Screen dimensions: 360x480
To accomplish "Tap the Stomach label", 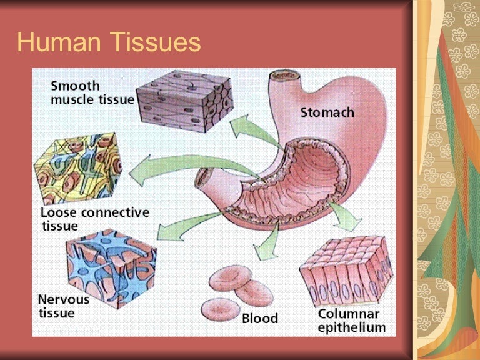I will pyautogui.click(x=327, y=113).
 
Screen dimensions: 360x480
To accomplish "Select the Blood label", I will pyautogui.click(x=260, y=319).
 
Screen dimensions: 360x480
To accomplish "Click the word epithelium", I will pyautogui.click(x=352, y=327).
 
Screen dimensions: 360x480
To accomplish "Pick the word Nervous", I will pyautogui.click(x=64, y=299).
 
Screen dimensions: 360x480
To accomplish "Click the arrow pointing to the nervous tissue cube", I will pyautogui.click(x=178, y=229).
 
